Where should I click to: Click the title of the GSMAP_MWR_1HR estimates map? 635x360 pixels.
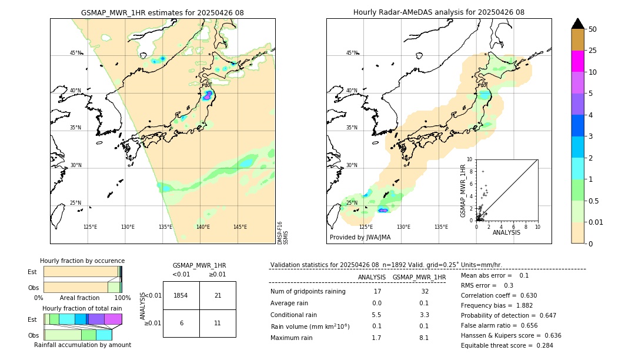coord(162,12)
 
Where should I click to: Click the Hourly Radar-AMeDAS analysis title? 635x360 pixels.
coord(439,12)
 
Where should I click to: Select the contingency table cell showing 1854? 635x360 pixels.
coord(181,295)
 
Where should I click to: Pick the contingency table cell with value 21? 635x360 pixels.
coord(218,295)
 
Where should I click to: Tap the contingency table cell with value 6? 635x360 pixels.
coord(181,324)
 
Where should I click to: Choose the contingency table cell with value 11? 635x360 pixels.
coord(218,324)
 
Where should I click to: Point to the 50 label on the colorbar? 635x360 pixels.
coord(593,29)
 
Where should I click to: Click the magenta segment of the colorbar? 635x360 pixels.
coord(578,61)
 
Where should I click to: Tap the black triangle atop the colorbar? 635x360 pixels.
coord(578,24)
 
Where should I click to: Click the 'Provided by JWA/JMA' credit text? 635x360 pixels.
coord(360,238)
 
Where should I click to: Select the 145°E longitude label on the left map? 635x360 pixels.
coord(240,227)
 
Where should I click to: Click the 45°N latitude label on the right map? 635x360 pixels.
coord(352,53)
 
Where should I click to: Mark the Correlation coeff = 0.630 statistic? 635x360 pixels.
coord(499,295)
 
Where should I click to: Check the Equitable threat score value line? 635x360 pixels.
coord(499,345)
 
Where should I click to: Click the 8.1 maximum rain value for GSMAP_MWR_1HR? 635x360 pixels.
coord(423,338)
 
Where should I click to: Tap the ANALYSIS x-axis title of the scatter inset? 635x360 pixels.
coord(506,232)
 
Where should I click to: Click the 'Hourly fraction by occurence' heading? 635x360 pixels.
coord(82,261)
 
